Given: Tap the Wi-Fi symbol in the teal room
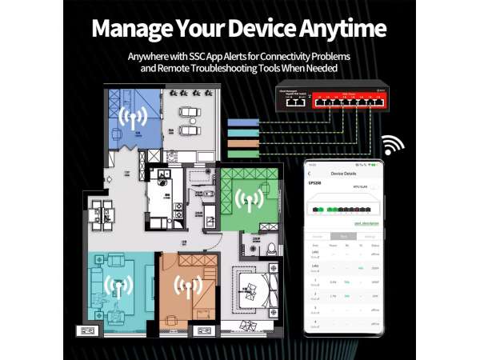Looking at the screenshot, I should [118, 288].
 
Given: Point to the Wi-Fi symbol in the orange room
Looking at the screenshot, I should [186, 286].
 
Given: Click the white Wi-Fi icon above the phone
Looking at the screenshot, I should [392, 146].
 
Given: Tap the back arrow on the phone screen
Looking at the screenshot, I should [310, 173].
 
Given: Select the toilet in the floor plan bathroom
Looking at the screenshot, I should [272, 247].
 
